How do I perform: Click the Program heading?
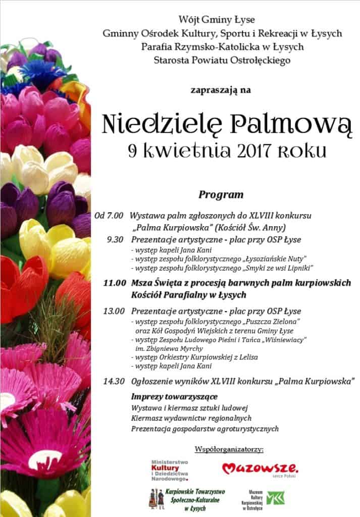[221, 194]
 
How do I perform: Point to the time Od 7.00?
[109, 216]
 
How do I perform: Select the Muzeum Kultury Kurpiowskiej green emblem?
[276, 498]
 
